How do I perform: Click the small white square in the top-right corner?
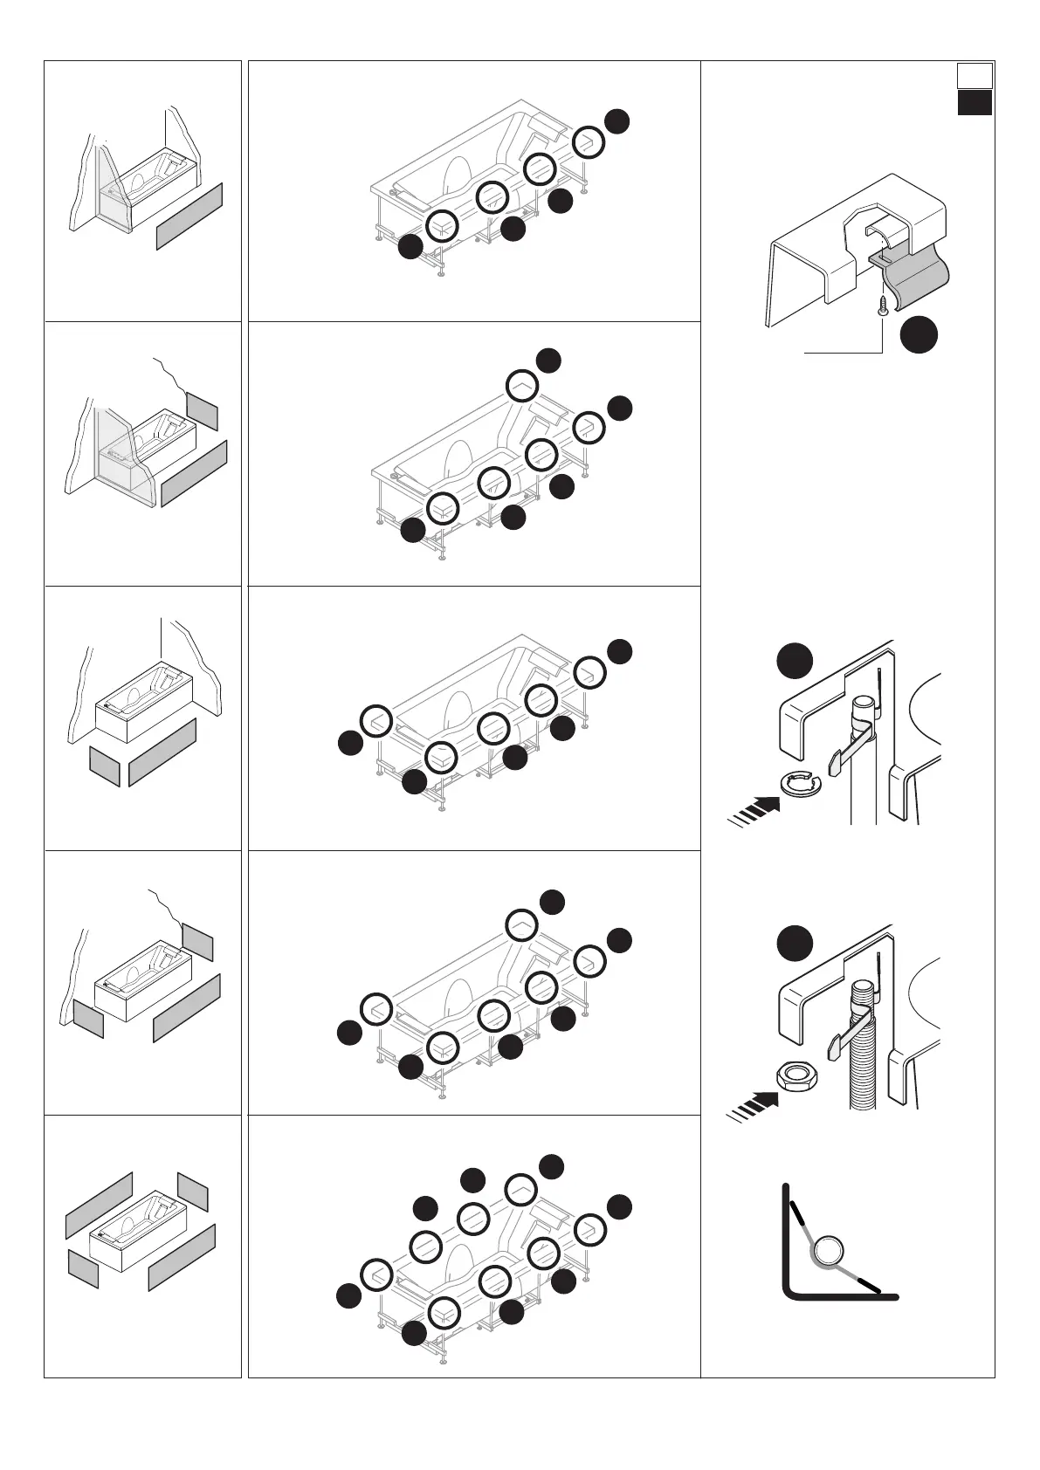[x=975, y=75]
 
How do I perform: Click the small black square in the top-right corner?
[x=975, y=103]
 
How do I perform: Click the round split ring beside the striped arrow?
[x=797, y=785]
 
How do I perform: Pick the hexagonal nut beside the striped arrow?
[x=795, y=1075]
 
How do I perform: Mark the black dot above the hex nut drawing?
[x=795, y=945]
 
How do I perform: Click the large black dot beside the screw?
[x=919, y=334]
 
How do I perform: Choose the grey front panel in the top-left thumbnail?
[x=189, y=216]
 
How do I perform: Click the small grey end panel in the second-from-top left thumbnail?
[x=202, y=409]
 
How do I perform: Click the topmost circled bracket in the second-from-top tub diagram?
[x=522, y=386]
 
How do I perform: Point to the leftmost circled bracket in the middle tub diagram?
[x=376, y=720]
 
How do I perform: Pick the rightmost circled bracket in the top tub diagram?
[x=589, y=141]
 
